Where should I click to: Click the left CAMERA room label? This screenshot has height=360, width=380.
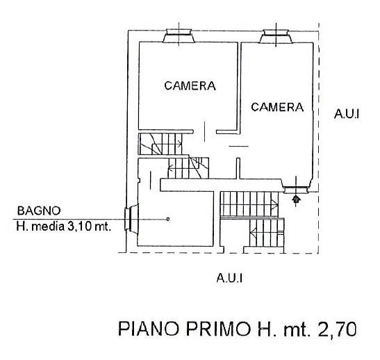(190, 85)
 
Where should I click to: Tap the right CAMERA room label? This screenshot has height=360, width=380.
(277, 107)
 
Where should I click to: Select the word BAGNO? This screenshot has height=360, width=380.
(39, 211)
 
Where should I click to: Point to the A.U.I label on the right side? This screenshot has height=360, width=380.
(347, 114)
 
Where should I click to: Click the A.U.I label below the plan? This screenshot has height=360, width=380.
(229, 278)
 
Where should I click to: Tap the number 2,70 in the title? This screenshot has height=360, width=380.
(338, 329)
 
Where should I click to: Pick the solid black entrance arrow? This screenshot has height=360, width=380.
(296, 199)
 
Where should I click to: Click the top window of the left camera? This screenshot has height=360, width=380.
(179, 36)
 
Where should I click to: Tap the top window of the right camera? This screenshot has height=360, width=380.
(276, 36)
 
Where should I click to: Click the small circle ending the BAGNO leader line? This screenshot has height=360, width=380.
(167, 219)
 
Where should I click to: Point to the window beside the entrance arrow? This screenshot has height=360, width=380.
(296, 186)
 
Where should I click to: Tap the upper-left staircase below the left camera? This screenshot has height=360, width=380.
(160, 144)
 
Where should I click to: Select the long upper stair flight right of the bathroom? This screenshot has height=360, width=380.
(249, 204)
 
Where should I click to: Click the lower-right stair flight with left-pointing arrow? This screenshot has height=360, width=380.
(266, 233)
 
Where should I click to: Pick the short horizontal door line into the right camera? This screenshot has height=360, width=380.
(239, 146)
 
